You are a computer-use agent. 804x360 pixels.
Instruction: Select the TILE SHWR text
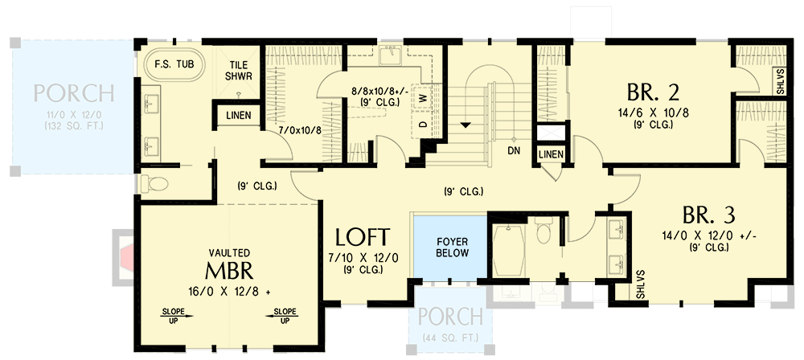[x=239, y=71]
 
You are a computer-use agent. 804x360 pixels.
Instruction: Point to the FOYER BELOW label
[x=448, y=247]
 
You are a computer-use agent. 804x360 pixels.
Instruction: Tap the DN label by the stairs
[x=515, y=149]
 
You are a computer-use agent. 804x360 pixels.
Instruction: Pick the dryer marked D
[x=420, y=125]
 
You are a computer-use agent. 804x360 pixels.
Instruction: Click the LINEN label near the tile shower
[x=236, y=116]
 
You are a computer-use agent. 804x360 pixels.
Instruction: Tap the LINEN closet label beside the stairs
[x=551, y=153]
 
